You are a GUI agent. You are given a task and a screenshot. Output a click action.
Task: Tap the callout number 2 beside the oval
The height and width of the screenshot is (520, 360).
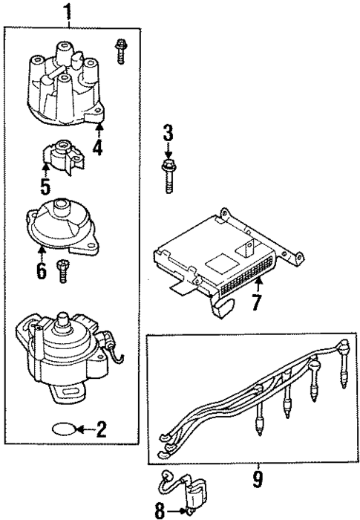coord(102,428)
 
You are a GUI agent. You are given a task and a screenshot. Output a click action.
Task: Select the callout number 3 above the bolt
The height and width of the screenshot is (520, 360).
coord(168,134)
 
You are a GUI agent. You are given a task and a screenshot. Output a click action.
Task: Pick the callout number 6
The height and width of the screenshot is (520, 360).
coord(42,270)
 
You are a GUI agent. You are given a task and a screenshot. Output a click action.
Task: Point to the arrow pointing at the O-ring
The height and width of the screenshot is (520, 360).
coord(86,429)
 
